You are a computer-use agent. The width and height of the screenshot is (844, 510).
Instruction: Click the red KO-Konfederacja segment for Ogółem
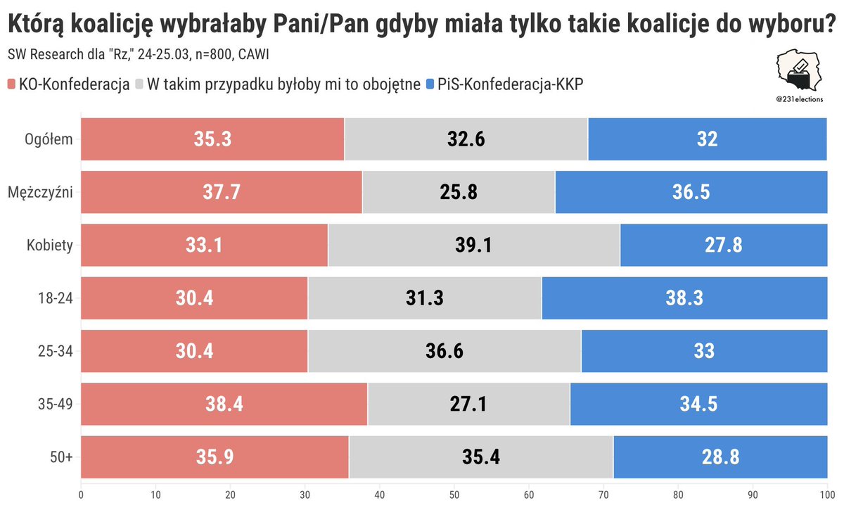coord(212,139)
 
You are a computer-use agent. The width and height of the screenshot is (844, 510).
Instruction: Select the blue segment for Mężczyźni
coord(691,192)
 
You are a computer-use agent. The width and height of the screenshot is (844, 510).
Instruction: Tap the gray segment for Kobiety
coord(474,245)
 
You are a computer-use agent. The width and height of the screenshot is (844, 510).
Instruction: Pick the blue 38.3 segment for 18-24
coord(684,298)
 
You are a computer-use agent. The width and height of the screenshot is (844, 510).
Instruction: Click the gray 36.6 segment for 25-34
coord(445,351)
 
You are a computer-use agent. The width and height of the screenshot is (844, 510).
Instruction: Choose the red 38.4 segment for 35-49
coord(224,404)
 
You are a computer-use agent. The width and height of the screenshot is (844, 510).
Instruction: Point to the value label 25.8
coord(459,192)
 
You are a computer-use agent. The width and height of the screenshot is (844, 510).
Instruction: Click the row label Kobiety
coord(50,245)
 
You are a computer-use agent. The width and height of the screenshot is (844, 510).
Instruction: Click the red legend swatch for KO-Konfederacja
coord(11,84)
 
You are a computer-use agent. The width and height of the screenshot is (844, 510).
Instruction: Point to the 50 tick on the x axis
coord(454,495)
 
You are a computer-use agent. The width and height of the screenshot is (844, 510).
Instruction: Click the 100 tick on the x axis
coord(825,495)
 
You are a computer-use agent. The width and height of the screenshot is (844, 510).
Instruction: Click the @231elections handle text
coord(799,100)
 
